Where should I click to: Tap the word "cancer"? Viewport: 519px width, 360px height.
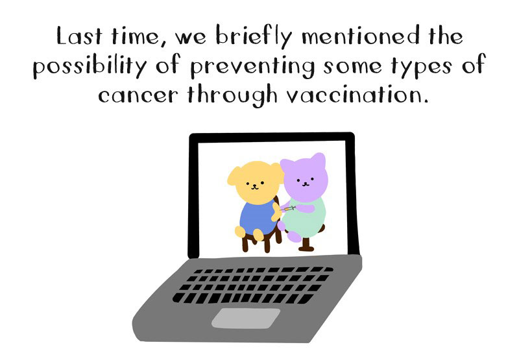[138, 95]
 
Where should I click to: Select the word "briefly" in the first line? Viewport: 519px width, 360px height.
[254, 36]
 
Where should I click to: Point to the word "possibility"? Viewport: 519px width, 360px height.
[90, 66]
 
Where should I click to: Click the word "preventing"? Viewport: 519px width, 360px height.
[252, 67]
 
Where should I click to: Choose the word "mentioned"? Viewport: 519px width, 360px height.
[361, 36]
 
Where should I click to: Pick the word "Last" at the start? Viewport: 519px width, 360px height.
[79, 36]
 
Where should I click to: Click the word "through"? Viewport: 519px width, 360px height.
[232, 95]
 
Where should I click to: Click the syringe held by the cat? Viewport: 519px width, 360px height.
[287, 208]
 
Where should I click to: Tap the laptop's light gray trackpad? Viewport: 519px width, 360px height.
[246, 318]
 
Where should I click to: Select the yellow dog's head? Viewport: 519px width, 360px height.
[255, 182]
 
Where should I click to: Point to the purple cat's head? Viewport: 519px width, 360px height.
[304, 178]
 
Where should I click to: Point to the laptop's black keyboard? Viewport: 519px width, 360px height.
[252, 285]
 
